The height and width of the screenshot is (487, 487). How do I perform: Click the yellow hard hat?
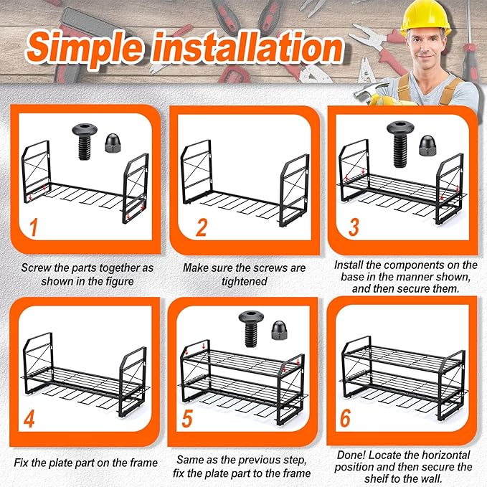(x=425, y=17)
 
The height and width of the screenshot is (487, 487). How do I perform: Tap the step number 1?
(x=33, y=227)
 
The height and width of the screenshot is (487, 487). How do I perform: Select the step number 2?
(x=202, y=227)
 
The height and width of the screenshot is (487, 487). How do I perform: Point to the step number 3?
(x=354, y=227)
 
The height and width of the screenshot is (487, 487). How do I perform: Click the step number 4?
(x=29, y=419)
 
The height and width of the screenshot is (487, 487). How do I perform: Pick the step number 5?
(x=187, y=419)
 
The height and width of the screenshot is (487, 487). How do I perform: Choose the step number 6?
(x=346, y=418)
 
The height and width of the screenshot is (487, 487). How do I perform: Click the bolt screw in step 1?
(x=85, y=141)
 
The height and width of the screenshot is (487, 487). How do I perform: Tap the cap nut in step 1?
(x=113, y=143)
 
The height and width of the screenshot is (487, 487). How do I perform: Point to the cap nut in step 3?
(x=427, y=146)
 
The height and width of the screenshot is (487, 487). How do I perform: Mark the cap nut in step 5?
(x=279, y=330)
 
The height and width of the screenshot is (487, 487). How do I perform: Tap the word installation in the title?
(x=247, y=47)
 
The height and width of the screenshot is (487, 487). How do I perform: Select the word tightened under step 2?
(x=245, y=281)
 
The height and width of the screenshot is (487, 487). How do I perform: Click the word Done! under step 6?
(x=352, y=455)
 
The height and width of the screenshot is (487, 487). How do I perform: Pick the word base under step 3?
(x=352, y=276)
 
